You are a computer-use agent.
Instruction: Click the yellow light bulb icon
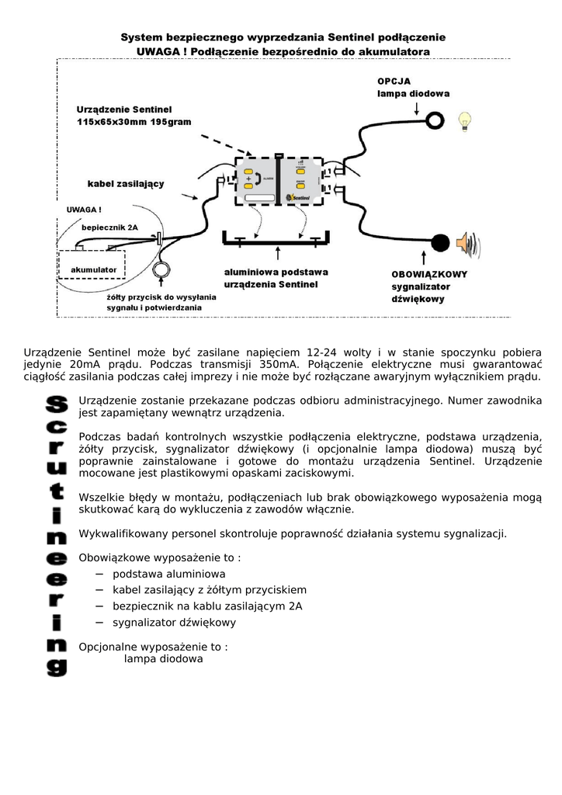tap(465, 120)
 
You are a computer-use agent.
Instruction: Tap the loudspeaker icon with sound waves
tap(468, 243)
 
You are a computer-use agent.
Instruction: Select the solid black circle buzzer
tap(440, 242)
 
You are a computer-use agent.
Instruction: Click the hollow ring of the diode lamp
tap(433, 120)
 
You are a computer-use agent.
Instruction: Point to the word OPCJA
tap(394, 81)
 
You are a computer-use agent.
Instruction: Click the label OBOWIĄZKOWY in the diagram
tap(429, 274)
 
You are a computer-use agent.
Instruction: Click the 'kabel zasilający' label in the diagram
tap(125, 183)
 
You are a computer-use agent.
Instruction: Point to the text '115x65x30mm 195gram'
tap(134, 123)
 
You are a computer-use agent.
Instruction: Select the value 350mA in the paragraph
tap(278, 363)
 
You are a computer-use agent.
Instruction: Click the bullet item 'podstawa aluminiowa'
tap(169, 574)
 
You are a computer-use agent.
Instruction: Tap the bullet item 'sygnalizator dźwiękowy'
tap(175, 622)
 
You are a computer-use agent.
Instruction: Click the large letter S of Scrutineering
tap(57, 404)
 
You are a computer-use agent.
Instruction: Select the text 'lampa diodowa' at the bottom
tap(163, 658)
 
